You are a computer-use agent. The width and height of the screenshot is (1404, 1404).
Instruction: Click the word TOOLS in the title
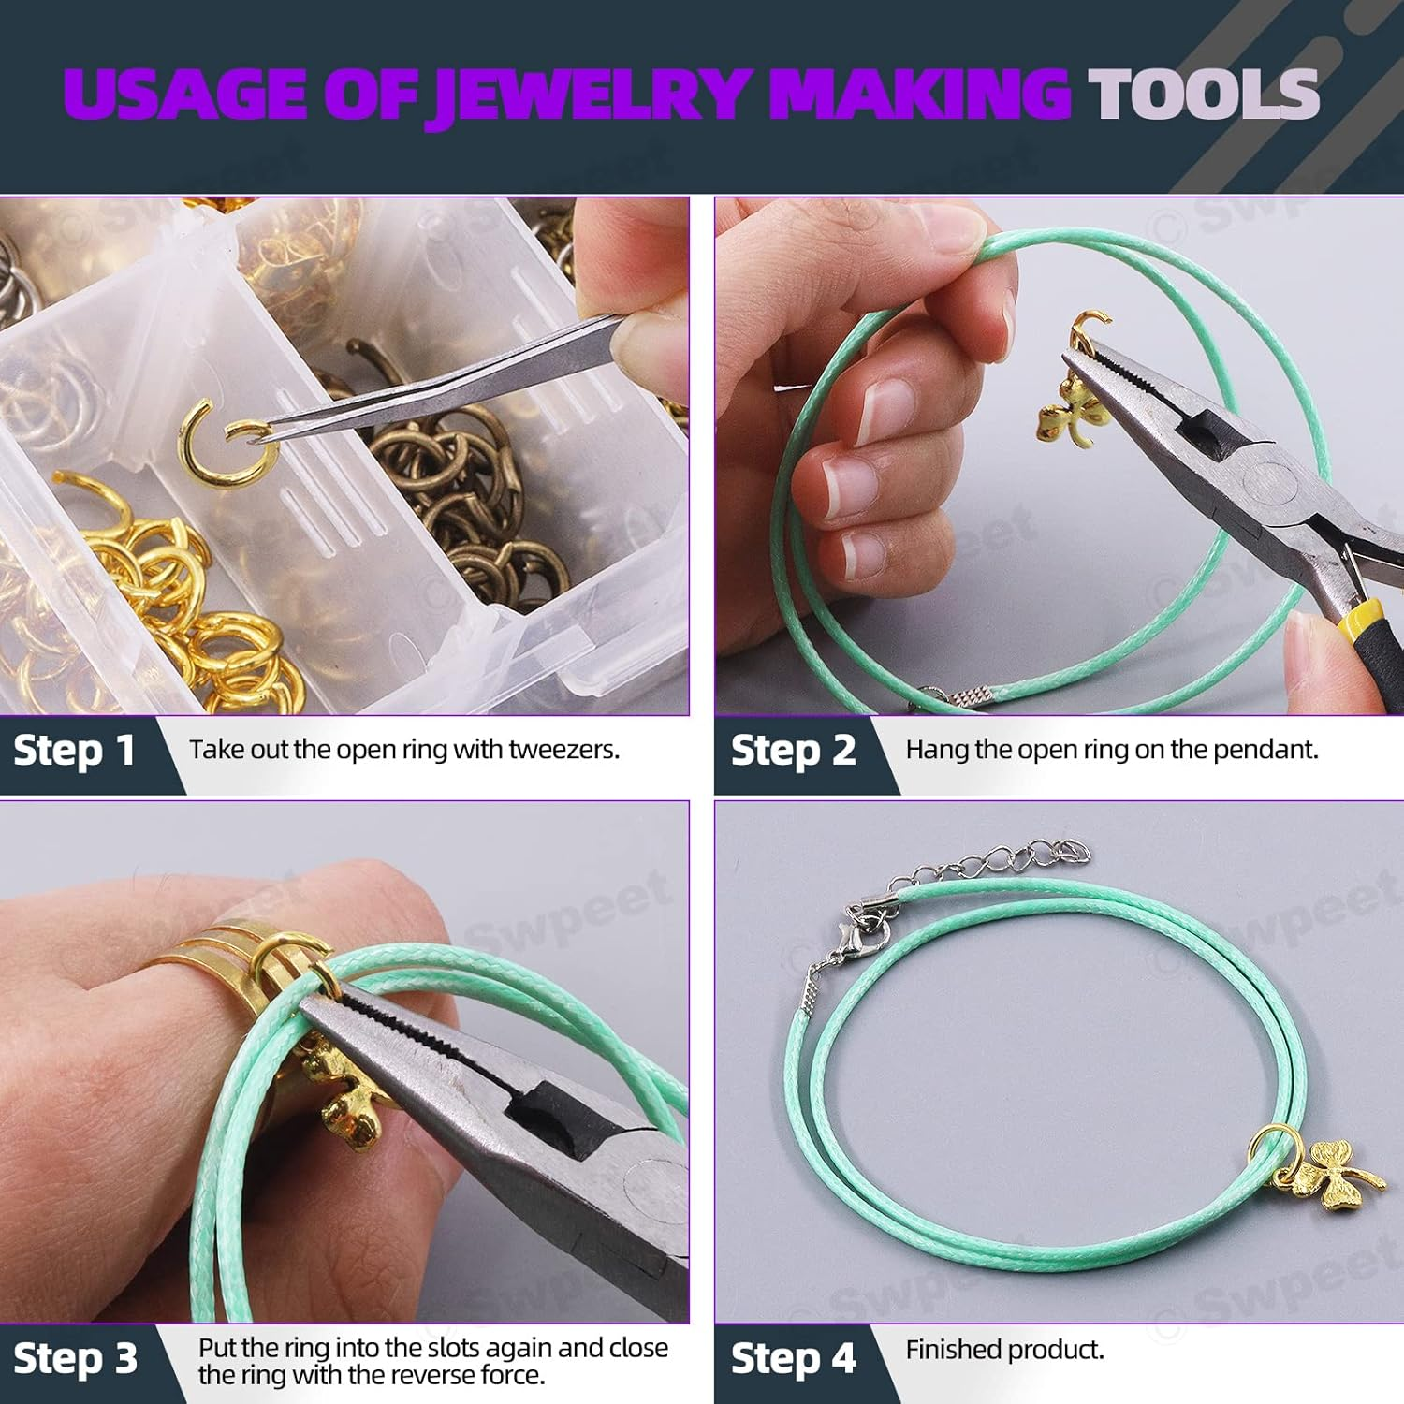click(x=1203, y=94)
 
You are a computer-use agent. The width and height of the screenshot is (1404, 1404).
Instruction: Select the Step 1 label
click(x=75, y=751)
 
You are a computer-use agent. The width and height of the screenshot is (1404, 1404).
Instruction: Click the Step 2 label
click(x=793, y=751)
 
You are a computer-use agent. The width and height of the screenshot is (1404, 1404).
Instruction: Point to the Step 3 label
click(x=75, y=1358)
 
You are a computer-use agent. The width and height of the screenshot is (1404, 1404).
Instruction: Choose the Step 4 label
click(x=793, y=1358)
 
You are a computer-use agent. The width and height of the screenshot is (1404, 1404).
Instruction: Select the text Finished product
click(x=1004, y=1350)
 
